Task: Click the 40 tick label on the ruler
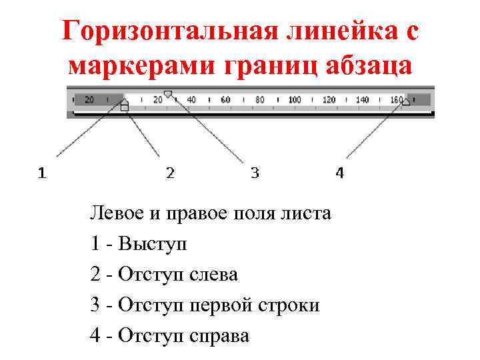tap(191, 100)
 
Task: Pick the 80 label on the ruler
tap(260, 100)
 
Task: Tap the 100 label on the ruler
tap(294, 100)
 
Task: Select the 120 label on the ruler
tap(329, 100)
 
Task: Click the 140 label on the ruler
tap(363, 100)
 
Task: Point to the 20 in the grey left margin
tap(89, 100)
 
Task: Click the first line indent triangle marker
tap(168, 94)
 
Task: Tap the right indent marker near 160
tap(406, 101)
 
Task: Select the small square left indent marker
tap(125, 107)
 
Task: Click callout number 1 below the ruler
tap(42, 174)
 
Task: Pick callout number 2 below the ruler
tap(170, 174)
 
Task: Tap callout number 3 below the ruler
tap(255, 174)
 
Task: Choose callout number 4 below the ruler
tap(340, 174)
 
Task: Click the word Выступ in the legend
tap(153, 244)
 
